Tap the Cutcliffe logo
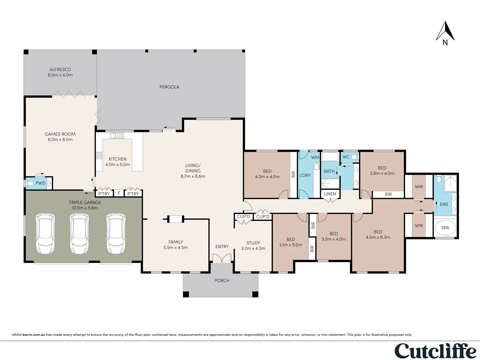(435, 351)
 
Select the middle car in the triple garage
(79, 234)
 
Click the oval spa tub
(445, 228)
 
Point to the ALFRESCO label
(60, 70)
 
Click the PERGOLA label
(169, 87)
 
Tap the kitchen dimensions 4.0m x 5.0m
(118, 165)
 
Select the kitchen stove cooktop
(99, 155)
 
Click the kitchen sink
(117, 136)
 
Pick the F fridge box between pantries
(119, 193)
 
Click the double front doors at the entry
(222, 258)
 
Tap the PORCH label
(222, 281)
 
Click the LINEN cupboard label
(330, 194)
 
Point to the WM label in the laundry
(315, 157)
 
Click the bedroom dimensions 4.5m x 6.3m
(378, 237)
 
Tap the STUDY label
(253, 243)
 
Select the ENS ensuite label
(444, 204)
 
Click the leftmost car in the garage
(45, 234)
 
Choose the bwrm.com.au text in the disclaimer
(34, 335)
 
